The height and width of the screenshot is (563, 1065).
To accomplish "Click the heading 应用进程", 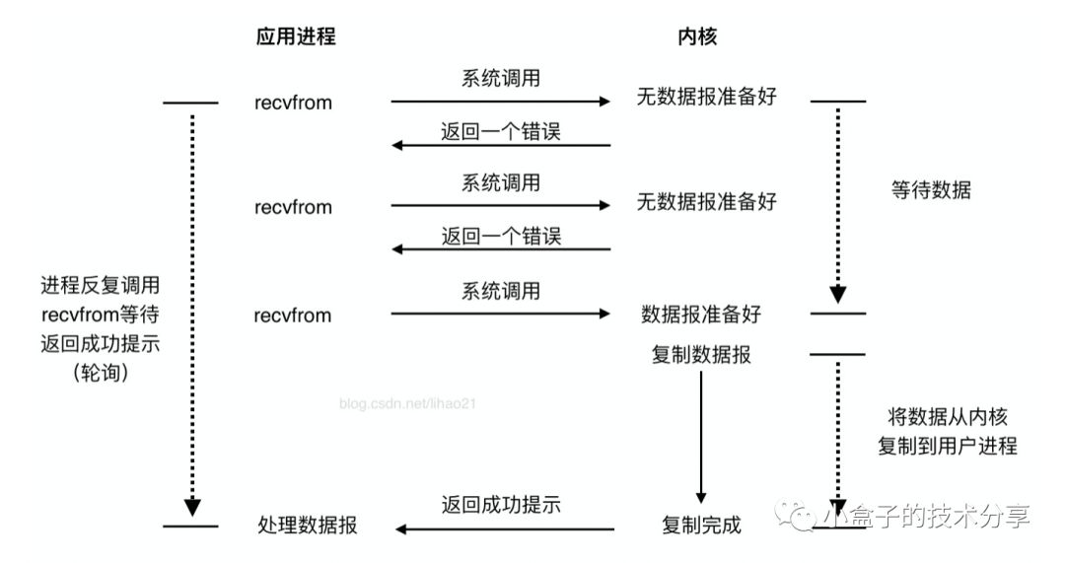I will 295,36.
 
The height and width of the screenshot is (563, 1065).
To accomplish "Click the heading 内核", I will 696,36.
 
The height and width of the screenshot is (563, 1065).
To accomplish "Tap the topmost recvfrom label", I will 293,102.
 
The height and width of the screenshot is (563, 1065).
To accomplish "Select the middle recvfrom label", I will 293,208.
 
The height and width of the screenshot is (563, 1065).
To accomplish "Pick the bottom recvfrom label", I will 293,316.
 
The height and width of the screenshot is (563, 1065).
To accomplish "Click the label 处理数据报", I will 306,527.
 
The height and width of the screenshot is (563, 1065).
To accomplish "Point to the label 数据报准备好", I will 701,316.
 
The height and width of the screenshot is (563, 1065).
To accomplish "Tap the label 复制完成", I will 701,526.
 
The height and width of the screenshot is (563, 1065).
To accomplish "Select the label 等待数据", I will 930,190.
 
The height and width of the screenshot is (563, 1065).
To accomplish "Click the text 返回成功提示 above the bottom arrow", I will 501,505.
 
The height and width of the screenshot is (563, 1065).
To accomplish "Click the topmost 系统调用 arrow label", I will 501,80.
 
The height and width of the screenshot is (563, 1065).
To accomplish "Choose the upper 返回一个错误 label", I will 501,130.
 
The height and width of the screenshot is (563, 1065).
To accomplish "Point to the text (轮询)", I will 101,373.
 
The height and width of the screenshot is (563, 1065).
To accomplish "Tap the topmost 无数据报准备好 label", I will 706,102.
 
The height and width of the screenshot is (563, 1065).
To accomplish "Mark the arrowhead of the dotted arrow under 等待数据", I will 838,294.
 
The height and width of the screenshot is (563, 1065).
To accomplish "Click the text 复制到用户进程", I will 947,446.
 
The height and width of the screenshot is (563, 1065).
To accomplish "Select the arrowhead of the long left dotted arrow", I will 192,507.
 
